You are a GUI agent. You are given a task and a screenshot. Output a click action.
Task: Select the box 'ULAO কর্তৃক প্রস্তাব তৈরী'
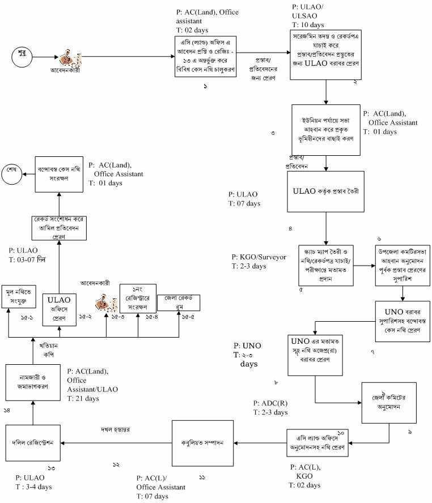(x=326, y=191)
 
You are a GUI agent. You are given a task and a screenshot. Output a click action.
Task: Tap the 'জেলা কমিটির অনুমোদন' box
(x=385, y=403)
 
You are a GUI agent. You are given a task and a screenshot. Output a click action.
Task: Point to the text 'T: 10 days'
(x=308, y=25)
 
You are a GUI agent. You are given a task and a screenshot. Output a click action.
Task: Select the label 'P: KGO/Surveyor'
(x=259, y=257)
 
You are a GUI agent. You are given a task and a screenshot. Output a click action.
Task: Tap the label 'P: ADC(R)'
(x=270, y=403)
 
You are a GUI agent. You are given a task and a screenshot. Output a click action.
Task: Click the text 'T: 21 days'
(x=83, y=398)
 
